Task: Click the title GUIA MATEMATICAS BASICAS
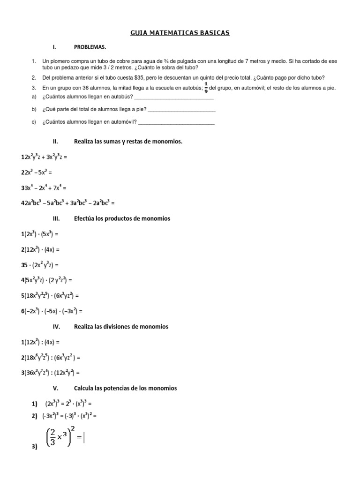(x=180, y=33)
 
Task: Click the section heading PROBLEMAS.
(x=90, y=47)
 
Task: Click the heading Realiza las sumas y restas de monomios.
(x=128, y=141)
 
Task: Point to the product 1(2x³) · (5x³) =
(x=40, y=233)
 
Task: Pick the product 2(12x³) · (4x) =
(x=40, y=249)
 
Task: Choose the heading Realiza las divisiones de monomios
(x=121, y=326)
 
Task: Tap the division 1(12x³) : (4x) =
(x=40, y=342)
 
